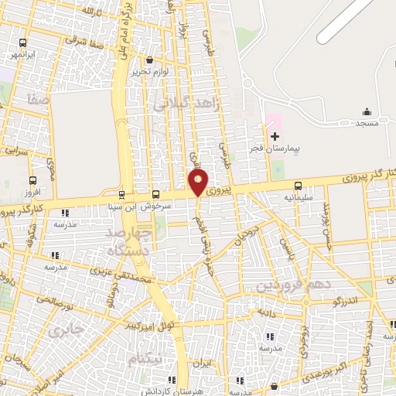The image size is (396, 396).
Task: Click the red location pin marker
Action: [198, 183]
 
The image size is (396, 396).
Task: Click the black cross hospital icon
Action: [275, 136]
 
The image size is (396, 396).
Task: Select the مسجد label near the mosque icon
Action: [367, 123]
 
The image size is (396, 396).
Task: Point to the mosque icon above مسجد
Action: [367, 111]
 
